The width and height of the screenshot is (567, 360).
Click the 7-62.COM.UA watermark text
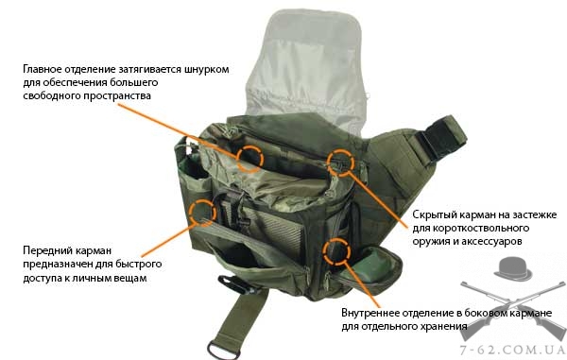click(x=511, y=350)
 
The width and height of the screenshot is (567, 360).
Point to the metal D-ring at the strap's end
click(x=223, y=351)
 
